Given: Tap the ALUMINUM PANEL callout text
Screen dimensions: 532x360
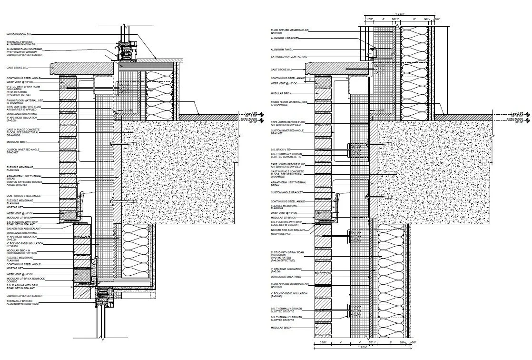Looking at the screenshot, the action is click(281, 49).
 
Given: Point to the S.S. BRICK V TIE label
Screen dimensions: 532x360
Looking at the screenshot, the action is click(281, 150).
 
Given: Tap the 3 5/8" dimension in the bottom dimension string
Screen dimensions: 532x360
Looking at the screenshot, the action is click(323, 342).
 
